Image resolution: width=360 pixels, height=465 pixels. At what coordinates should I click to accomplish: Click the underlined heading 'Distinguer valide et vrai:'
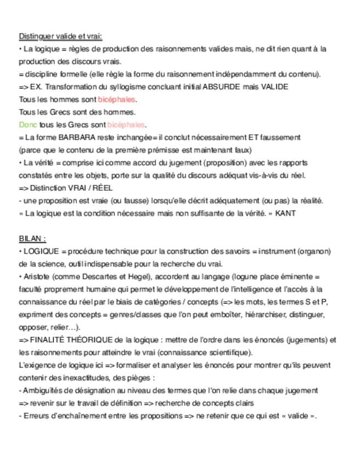click(60, 36)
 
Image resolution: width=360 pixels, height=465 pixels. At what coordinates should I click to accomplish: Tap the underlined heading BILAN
click(32, 239)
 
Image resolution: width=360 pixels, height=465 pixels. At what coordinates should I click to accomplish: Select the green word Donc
click(28, 124)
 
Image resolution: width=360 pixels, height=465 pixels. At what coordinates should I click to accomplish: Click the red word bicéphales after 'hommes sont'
click(116, 99)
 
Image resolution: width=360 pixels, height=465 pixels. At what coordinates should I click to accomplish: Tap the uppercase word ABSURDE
click(220, 87)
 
